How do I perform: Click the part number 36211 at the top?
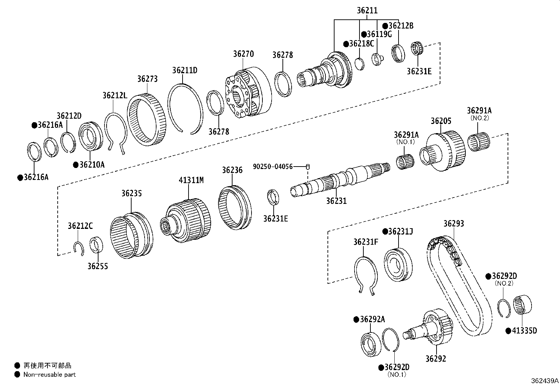click(x=367, y=10)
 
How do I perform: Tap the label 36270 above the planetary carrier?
click(x=243, y=54)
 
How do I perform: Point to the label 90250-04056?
click(x=273, y=166)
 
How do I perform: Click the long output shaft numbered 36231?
click(x=338, y=180)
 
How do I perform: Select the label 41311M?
click(x=191, y=180)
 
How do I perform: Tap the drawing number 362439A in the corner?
click(x=545, y=381)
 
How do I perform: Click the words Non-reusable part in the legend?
click(x=49, y=375)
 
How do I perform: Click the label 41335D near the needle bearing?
click(x=524, y=331)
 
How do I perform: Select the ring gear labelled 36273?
click(x=146, y=120)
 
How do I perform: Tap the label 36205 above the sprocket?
click(x=441, y=121)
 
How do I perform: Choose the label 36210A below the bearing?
click(x=92, y=165)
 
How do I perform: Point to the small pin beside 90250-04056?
click(x=308, y=167)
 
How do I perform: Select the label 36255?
click(x=98, y=266)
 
